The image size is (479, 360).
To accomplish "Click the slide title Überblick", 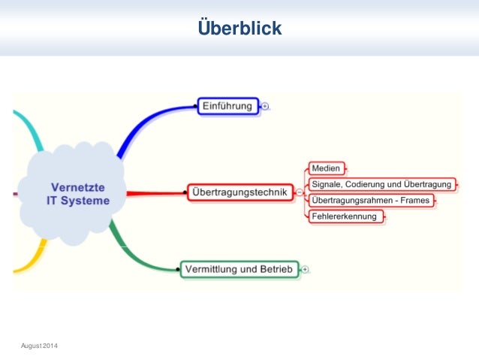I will coord(239,29).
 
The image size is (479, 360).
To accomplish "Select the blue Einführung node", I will coord(227,106).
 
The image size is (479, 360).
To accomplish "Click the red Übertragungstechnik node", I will coord(239,192).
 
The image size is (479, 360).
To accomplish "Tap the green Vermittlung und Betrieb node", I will coord(239,268).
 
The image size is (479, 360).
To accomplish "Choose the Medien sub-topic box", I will coord(326,168).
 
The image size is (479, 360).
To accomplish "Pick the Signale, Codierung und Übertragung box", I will coord(381,184).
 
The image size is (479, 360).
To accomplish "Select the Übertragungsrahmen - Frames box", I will coord(371,201).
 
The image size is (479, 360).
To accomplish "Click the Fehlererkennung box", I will coord(345,216).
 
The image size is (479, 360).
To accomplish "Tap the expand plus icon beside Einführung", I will coord(265,107).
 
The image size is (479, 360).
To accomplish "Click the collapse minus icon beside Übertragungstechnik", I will coord(300,192).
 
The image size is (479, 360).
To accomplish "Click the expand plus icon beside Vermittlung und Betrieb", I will coord(306,269).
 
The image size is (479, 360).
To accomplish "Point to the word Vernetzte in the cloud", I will coord(79,186).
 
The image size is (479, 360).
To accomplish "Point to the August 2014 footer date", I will coord(39,344).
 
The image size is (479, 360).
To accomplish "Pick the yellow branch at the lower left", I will coord(30,259).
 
